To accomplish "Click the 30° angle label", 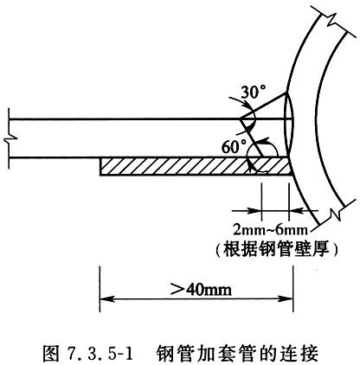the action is [x=253, y=92].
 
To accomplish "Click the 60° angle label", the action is [x=234, y=146].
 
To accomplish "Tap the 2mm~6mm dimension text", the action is [x=271, y=230].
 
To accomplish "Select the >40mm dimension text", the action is [x=201, y=289].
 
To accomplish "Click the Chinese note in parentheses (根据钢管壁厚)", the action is [x=276, y=249].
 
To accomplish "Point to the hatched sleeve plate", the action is [x=196, y=166].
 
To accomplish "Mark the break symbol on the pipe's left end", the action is [x=10, y=138].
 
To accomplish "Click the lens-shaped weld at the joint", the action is [x=289, y=124].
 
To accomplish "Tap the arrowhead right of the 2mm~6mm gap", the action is [x=296, y=211].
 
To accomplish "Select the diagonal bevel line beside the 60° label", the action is [x=252, y=138].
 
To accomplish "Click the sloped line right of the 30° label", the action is [x=263, y=106].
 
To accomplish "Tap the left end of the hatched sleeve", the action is [x=100, y=166].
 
